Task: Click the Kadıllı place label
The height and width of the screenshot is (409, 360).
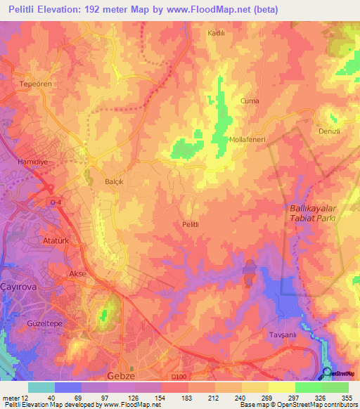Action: coord(215,33)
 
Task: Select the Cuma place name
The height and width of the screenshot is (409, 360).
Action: coord(250,100)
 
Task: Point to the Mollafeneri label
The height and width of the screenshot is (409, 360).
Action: coord(246,139)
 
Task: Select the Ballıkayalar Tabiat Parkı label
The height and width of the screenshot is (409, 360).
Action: coord(314,213)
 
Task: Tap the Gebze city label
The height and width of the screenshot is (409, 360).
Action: coord(121,376)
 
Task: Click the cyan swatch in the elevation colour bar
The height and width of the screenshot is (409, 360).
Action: coord(41,387)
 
